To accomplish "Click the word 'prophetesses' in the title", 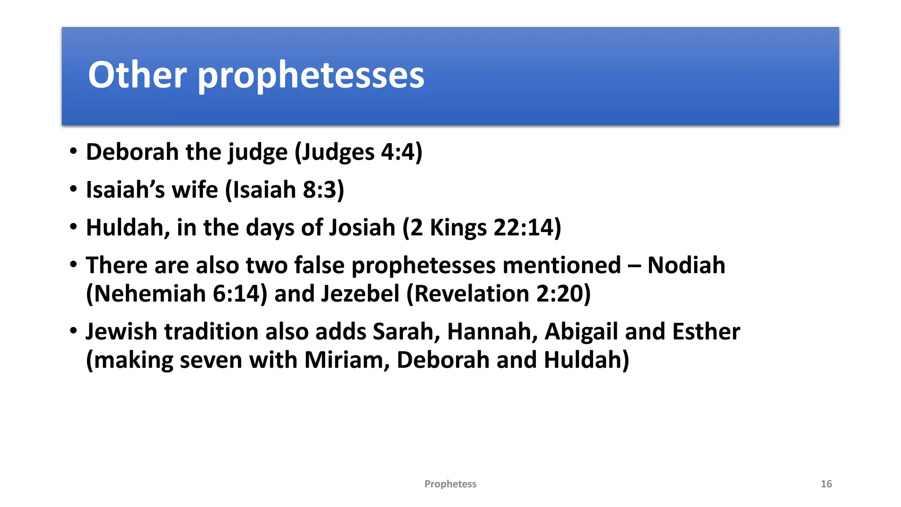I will pos(311,76).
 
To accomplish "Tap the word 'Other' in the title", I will pos(137,75).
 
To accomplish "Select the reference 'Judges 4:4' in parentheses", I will pos(358,152).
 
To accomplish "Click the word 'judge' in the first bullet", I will pos(257,152).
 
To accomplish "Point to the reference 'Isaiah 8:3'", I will pos(284,190).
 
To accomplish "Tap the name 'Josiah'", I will pos(362,228).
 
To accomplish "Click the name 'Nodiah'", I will pos(686,265).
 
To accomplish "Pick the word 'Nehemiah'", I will pos(150,294).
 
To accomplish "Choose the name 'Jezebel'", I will pos(360,294).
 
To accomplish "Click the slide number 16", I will pos(826,484).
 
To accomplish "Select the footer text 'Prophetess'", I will pos(450,484).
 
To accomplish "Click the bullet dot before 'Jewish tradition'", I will pos(73,331).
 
